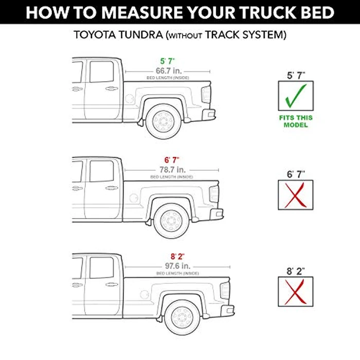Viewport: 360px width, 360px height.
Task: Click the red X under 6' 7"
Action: click(296, 195)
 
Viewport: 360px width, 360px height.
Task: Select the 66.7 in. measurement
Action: click(168, 70)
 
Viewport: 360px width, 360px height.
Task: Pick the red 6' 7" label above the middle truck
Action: click(172, 160)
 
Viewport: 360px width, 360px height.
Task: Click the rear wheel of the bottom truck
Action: click(183, 317)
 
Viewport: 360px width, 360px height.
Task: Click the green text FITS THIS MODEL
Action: click(296, 121)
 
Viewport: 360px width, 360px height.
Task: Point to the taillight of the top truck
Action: click(206, 95)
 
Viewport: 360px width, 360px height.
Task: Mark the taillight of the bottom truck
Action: click(225, 290)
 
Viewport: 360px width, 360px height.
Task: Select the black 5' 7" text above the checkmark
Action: click(296, 76)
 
